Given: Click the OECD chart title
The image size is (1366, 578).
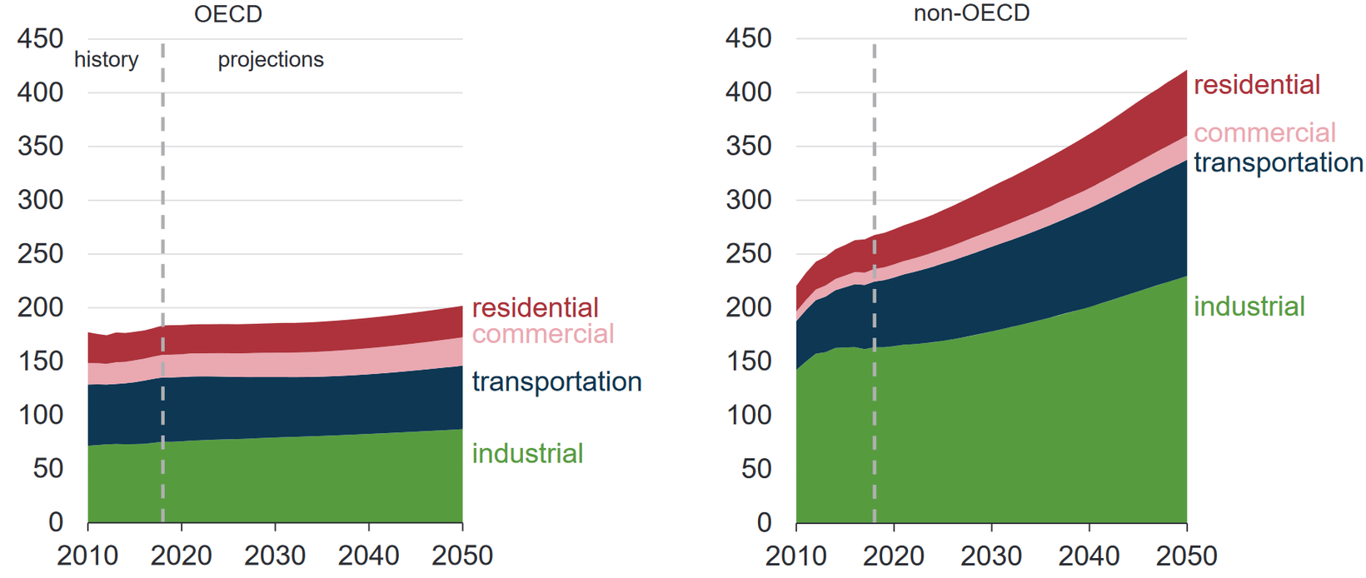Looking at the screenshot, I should click(227, 14).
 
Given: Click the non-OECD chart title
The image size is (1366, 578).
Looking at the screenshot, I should click(971, 14).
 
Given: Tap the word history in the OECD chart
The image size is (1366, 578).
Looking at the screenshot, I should click(106, 60).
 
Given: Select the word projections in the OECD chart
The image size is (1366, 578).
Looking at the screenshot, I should click(271, 60).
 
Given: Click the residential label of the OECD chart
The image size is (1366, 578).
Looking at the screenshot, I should click(535, 308).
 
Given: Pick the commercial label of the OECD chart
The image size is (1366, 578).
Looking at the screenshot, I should click(542, 334).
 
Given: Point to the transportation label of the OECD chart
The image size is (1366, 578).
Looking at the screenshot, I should click(556, 381).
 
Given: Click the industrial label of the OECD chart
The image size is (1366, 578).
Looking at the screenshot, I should click(527, 453).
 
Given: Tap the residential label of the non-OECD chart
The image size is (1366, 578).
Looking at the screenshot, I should click(1257, 85).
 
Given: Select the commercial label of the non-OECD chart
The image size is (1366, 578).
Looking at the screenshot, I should click(1264, 132).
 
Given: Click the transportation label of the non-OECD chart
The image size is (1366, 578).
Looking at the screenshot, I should click(1279, 162).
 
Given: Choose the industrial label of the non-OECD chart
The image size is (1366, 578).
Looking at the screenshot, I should click(1249, 306).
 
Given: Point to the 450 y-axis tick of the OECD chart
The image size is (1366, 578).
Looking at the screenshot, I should click(40, 38).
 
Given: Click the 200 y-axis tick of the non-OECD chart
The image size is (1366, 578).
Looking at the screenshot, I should click(748, 307).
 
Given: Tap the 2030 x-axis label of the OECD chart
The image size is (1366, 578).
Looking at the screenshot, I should click(275, 556).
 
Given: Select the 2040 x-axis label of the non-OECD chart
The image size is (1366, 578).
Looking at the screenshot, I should click(1089, 556).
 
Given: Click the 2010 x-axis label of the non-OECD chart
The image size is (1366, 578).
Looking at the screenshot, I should click(796, 556).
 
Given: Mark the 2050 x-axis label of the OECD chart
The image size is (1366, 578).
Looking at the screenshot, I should click(461, 556).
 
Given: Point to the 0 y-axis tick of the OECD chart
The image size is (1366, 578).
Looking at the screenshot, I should click(55, 522).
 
